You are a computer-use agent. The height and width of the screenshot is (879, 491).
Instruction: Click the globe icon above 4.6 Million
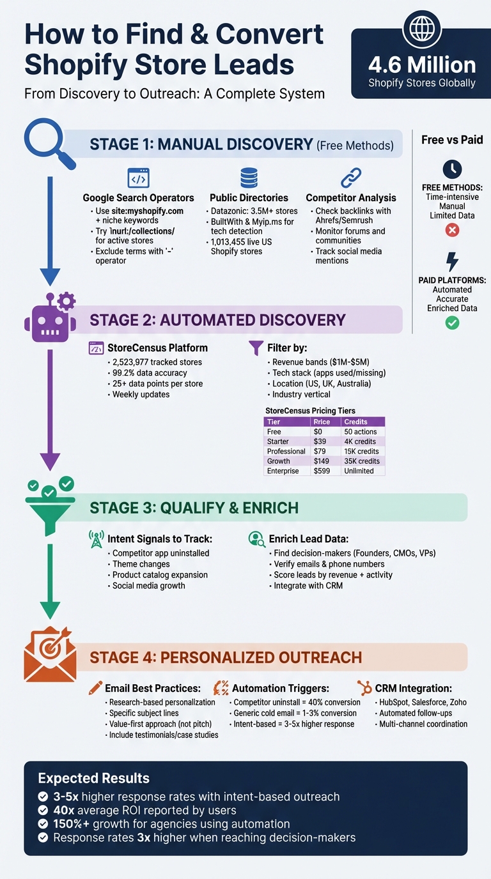click(x=421, y=30)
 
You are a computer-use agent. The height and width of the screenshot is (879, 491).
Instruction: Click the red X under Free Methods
click(x=452, y=229)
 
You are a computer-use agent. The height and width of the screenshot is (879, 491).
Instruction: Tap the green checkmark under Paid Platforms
click(x=452, y=323)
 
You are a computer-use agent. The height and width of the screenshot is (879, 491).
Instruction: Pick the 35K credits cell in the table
click(x=362, y=461)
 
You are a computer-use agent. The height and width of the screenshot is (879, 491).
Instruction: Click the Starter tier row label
click(x=278, y=441)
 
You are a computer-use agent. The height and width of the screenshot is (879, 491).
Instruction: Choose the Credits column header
click(x=355, y=422)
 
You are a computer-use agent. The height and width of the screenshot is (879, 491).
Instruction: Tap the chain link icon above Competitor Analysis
click(x=350, y=177)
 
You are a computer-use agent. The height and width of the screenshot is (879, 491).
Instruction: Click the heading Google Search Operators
click(x=138, y=198)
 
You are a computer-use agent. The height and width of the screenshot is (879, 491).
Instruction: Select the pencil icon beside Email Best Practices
click(x=95, y=688)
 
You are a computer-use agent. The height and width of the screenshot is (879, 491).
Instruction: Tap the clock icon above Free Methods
click(x=452, y=169)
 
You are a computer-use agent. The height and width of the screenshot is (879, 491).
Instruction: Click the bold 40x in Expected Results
click(x=63, y=811)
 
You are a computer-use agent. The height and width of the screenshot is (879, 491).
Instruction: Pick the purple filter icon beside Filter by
click(x=256, y=348)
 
